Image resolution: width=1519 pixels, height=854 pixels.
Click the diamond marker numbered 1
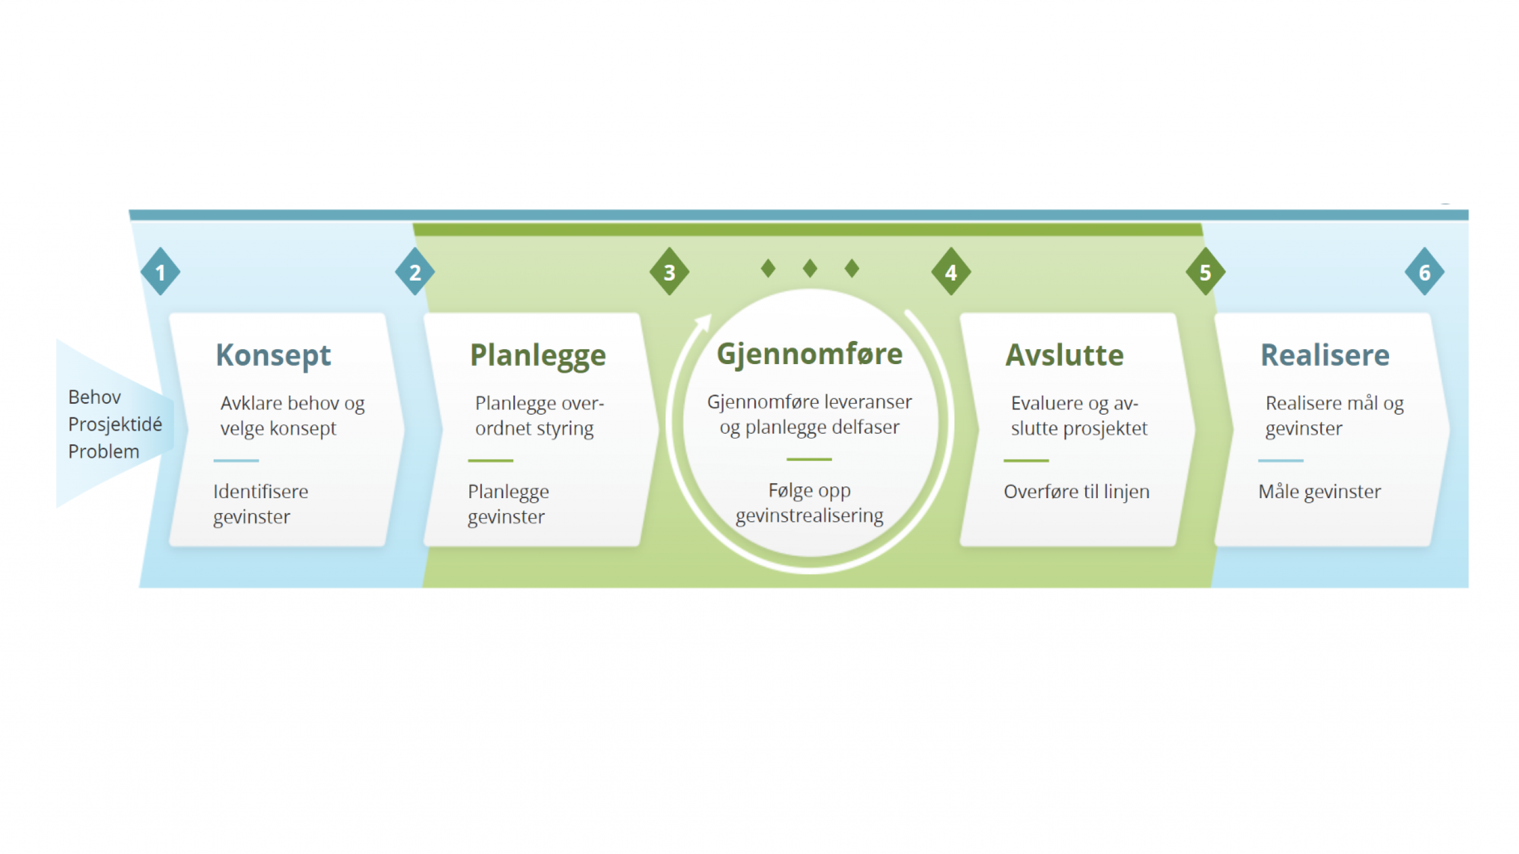pos(160,272)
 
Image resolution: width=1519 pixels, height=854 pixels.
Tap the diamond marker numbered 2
pos(415,272)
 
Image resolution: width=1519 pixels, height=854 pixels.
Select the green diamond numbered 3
pos(669,272)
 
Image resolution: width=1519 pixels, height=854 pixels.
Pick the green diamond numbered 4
pos(951,272)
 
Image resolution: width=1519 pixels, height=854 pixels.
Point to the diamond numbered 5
pos(1205,272)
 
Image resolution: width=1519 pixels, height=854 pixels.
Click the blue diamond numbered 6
pos(1424,272)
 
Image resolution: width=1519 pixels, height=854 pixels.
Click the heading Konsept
pos(273,356)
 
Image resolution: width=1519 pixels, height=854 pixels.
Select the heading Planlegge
pos(538,356)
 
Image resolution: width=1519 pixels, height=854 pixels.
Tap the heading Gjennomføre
pos(809,355)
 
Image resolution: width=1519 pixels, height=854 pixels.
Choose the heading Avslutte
pos(1064,356)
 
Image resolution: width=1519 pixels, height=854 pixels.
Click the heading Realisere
pos(1325,356)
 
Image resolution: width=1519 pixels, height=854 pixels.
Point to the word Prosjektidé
pos(115,425)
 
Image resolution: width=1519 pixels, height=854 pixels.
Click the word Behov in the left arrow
pos(95,397)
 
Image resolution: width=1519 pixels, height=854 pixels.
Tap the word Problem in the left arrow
pos(104,452)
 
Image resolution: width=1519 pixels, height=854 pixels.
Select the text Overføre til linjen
pos(1076,492)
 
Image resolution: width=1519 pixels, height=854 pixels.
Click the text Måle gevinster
pos(1320,492)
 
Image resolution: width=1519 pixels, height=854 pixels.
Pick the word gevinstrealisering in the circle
pos(809,516)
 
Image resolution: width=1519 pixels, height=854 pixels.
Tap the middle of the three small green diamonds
pos(810,268)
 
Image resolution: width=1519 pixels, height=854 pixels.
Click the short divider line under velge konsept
pos(236,461)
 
